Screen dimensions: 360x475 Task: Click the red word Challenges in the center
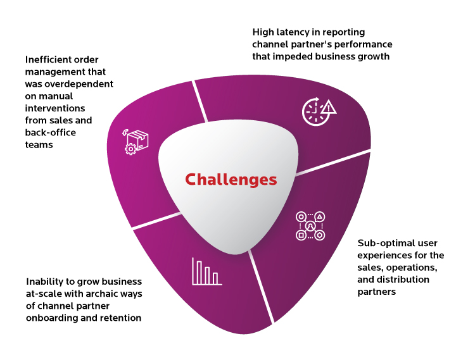[231, 180]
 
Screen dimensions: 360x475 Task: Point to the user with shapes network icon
[310, 226]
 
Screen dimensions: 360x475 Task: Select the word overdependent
[80, 84]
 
